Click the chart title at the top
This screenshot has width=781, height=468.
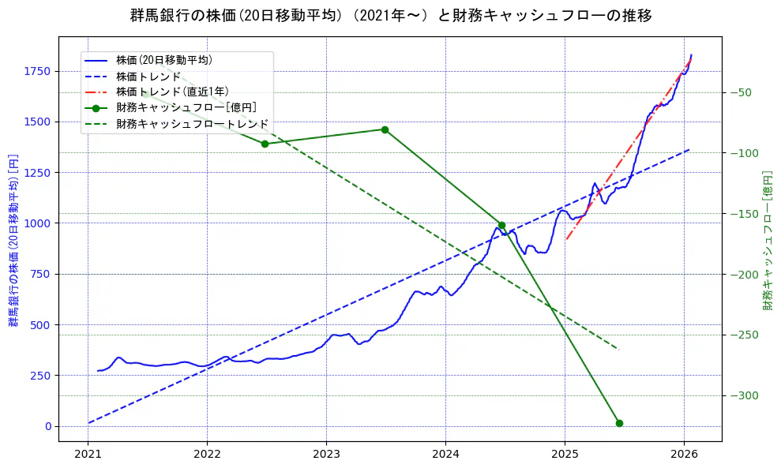[390, 16]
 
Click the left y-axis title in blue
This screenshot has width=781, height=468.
[13, 239]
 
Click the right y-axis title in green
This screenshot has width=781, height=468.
[768, 239]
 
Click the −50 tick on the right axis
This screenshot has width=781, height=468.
[740, 92]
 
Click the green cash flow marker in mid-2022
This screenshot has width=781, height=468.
[265, 144]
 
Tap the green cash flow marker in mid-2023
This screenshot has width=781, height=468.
[385, 129]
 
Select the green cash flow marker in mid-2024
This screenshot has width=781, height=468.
[501, 225]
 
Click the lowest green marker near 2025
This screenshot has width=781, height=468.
[619, 423]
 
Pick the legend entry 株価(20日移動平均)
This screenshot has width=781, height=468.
[163, 60]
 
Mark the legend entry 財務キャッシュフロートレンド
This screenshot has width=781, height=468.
[192, 124]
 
